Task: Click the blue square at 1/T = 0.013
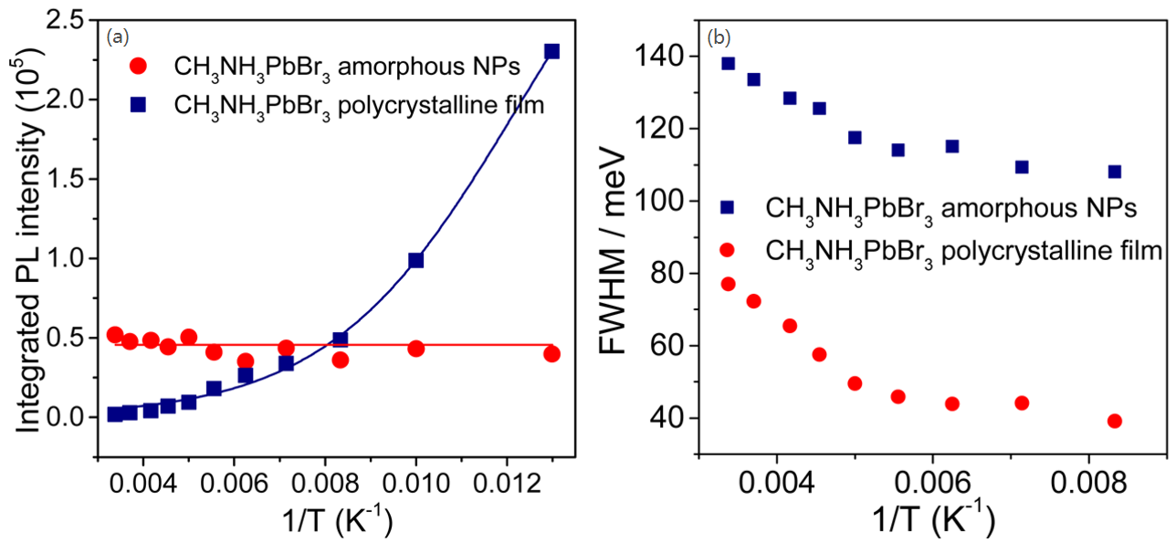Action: tap(551, 52)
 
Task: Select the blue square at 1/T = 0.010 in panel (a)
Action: tap(416, 260)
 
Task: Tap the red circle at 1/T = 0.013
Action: tap(551, 353)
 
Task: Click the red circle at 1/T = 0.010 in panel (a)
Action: tap(416, 349)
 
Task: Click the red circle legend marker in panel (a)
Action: tap(137, 66)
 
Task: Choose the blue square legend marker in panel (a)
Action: tap(137, 105)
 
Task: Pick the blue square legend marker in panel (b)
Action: tap(728, 208)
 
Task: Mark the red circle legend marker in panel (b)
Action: tap(728, 248)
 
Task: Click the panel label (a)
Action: tap(118, 37)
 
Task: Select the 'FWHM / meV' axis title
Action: tap(617, 237)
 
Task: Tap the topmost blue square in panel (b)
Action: tap(728, 63)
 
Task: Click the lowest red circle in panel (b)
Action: tap(1114, 421)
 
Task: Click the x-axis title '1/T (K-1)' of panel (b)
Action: tap(932, 520)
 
